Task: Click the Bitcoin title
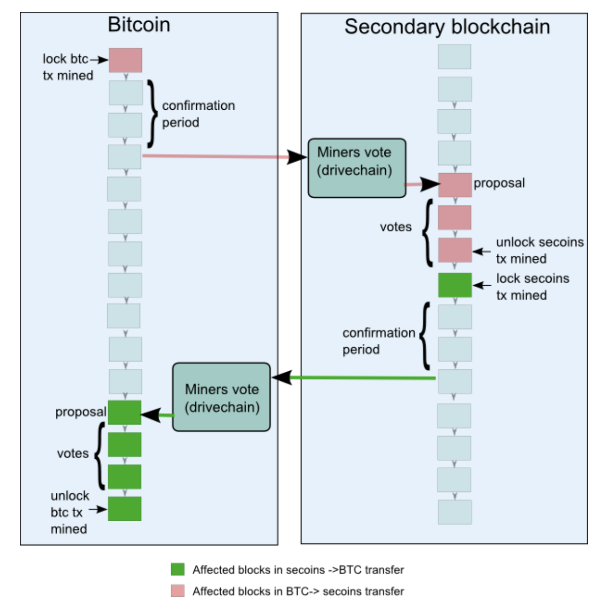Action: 139,25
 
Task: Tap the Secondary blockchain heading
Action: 447,26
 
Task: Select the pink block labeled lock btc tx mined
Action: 125,60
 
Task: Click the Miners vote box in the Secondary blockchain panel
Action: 357,167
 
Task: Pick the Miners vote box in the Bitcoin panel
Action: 221,397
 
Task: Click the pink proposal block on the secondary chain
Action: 455,184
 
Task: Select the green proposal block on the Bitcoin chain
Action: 124,412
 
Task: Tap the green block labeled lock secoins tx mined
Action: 455,285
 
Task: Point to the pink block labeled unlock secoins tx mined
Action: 455,250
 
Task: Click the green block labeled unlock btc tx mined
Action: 124,508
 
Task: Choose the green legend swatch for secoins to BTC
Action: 178,569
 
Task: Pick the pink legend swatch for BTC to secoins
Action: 178,591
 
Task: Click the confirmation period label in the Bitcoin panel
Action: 199,114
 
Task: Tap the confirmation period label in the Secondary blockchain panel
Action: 378,341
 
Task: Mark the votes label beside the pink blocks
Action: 396,227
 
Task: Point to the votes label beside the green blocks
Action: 73,454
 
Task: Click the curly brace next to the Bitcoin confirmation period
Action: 152,114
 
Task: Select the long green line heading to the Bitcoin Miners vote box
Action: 362,377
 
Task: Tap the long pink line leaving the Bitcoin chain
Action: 215,156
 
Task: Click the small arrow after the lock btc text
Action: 99,60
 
